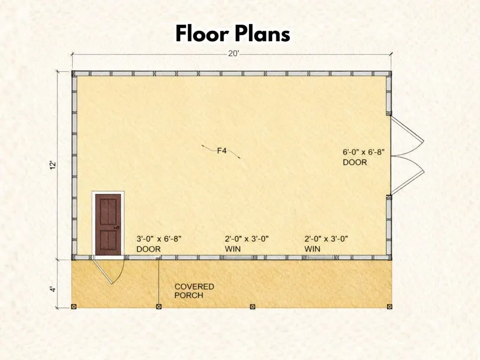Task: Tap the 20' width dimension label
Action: click(x=233, y=54)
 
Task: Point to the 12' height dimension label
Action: click(x=53, y=165)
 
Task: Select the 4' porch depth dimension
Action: click(x=53, y=289)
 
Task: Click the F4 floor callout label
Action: click(x=222, y=150)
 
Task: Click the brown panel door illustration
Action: click(x=108, y=225)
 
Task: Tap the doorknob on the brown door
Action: click(x=117, y=228)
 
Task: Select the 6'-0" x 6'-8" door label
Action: click(x=363, y=157)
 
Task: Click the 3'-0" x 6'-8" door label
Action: click(x=159, y=244)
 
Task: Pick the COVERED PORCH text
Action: click(x=194, y=291)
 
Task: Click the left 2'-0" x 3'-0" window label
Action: click(x=247, y=244)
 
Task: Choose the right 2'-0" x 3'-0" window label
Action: click(x=326, y=244)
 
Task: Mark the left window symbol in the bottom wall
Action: click(x=239, y=258)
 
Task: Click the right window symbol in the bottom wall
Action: click(x=320, y=258)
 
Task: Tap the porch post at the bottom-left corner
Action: click(x=74, y=306)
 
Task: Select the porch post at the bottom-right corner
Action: click(x=389, y=306)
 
